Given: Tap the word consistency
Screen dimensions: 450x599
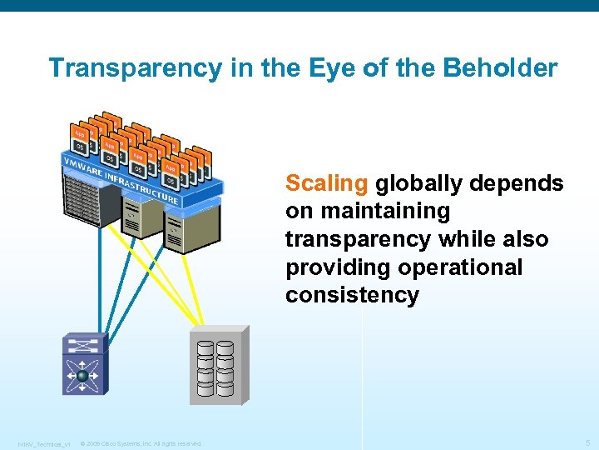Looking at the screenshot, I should tap(352, 296).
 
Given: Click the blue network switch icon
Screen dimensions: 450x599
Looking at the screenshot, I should tap(84, 364).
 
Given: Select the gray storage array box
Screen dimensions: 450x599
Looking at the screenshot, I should tap(219, 365).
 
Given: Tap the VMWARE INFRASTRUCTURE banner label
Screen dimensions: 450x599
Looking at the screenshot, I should tap(121, 178).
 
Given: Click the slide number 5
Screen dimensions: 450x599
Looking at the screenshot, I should tap(587, 442).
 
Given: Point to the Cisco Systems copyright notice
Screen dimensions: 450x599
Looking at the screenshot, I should tap(141, 443).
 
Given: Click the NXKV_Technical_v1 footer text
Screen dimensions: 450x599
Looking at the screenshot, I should tap(43, 443).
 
